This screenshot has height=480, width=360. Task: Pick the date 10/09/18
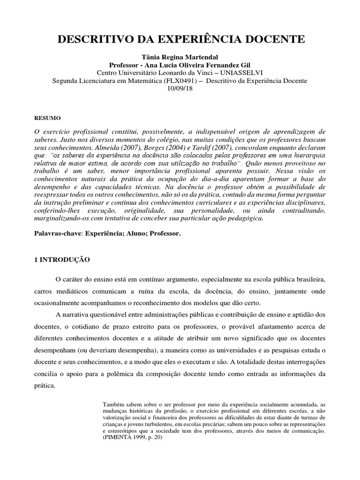(x=180, y=89)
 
